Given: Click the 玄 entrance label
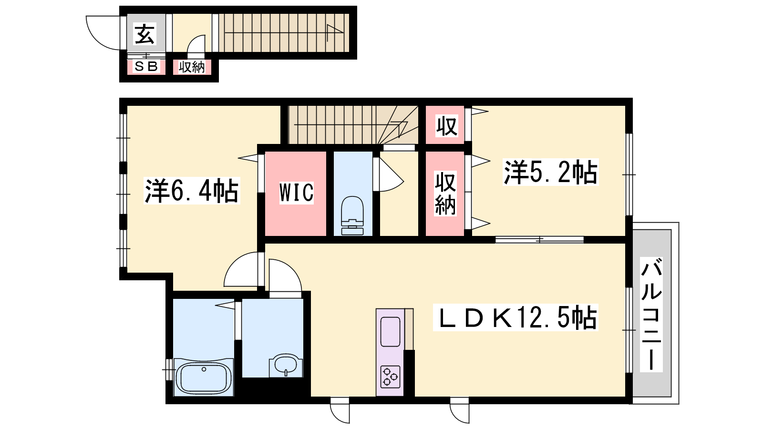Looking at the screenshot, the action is click(x=145, y=34).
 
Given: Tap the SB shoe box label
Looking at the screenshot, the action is click(x=146, y=66).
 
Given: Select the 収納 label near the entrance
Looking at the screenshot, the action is click(x=192, y=67).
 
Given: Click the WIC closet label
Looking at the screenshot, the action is click(x=296, y=193).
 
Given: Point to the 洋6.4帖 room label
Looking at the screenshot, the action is click(x=191, y=191).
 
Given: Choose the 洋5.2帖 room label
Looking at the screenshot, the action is click(x=550, y=172).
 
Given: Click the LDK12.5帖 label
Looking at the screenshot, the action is click(x=516, y=317).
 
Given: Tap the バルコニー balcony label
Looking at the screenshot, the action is click(x=651, y=314).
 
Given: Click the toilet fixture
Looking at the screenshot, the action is click(x=352, y=215).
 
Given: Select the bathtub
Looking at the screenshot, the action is click(x=204, y=377).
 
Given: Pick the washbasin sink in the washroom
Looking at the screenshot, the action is click(x=286, y=366).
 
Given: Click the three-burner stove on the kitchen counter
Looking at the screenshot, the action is click(x=390, y=377).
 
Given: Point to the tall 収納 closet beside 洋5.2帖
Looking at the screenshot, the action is click(x=445, y=194).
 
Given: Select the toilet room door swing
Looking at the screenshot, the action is click(x=392, y=175).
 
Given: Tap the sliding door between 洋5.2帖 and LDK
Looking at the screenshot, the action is click(x=539, y=240).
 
